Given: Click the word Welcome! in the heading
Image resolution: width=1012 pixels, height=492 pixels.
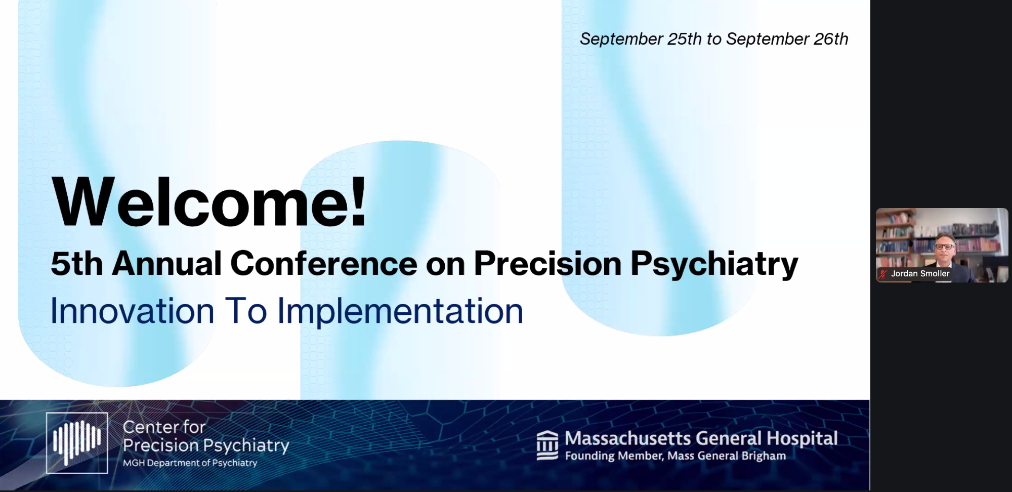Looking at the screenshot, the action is (209, 201).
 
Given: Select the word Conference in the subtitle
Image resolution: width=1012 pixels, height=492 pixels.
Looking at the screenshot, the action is (324, 263).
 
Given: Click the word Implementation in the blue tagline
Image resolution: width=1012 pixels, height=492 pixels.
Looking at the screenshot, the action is (400, 311).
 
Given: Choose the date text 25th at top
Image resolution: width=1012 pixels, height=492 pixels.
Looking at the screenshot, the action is (685, 39).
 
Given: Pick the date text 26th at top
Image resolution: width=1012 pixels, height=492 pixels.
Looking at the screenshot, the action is (831, 39).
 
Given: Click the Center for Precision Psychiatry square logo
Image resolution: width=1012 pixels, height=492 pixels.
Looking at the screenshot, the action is (77, 443).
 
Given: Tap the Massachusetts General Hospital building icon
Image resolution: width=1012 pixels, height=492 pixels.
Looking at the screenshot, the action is (547, 445).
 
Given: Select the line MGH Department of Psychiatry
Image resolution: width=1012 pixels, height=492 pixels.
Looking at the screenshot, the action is (190, 463).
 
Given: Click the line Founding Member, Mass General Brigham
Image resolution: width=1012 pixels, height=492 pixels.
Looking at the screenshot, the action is (676, 456).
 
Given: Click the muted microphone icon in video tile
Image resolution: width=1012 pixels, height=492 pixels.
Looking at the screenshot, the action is (883, 274).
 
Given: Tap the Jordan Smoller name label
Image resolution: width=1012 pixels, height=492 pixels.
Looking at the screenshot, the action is (920, 274).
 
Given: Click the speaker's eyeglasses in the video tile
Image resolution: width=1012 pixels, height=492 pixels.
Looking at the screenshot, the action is (944, 247).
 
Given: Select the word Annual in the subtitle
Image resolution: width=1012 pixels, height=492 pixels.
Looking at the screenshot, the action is (167, 263).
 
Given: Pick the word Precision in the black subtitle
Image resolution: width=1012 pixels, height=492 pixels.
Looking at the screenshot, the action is (547, 263).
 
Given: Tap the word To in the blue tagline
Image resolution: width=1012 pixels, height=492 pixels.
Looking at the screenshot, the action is (246, 310).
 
